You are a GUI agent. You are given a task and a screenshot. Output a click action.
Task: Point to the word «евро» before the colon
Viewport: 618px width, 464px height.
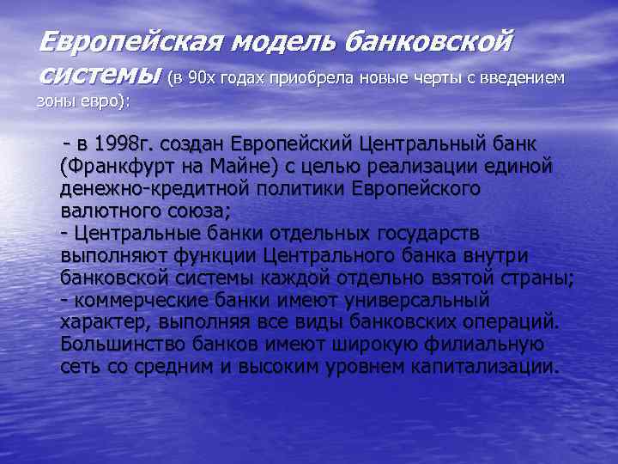[x=105, y=100]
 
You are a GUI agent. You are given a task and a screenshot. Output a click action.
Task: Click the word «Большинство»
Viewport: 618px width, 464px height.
[x=119, y=345]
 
